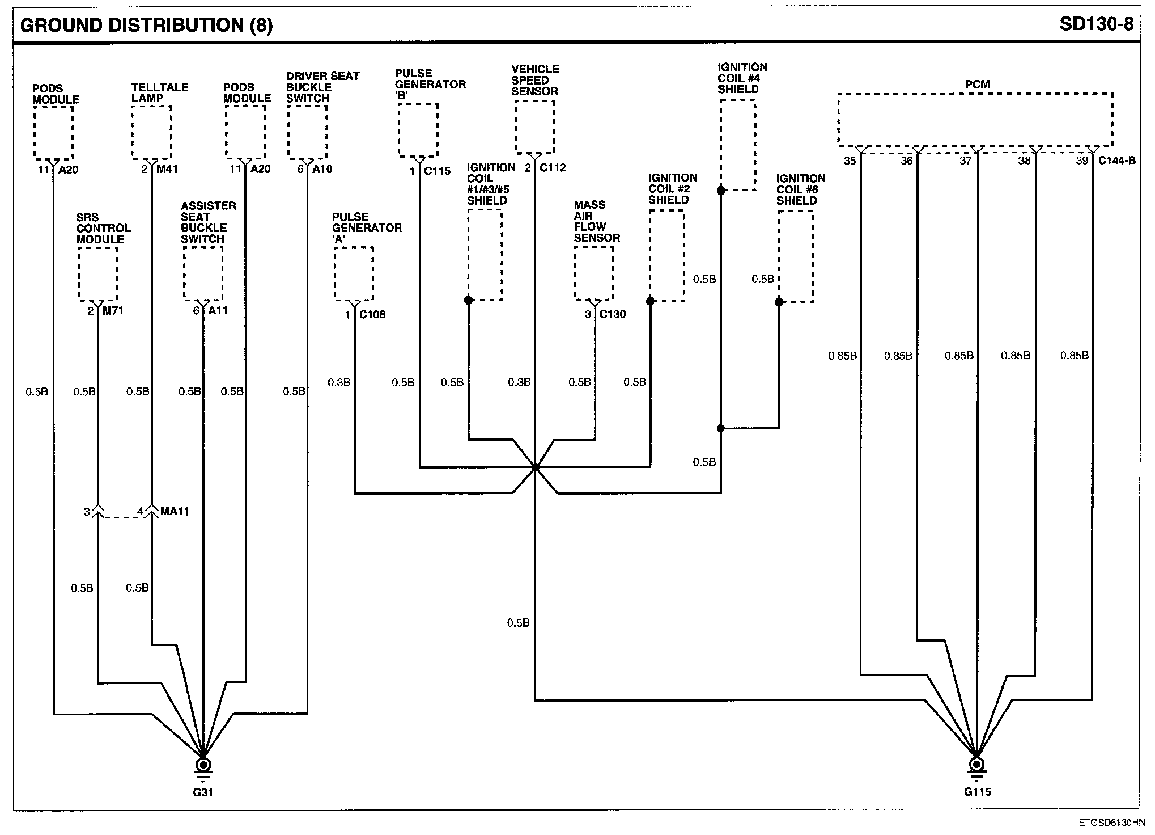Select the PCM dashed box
tap(975, 120)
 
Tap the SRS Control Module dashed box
tap(97, 275)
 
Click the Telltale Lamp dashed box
tap(151, 133)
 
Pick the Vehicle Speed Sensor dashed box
tap(534, 126)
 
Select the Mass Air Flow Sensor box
tap(594, 273)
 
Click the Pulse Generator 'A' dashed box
tap(354, 273)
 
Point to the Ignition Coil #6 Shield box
tap(796, 256)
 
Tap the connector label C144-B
tap(1116, 161)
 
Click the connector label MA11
tap(175, 512)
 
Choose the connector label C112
tap(553, 168)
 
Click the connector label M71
tap(113, 311)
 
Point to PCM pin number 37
tap(965, 161)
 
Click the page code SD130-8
tap(1096, 25)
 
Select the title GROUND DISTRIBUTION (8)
tap(146, 26)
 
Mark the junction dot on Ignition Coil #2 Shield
tap(650, 301)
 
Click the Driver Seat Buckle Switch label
tap(322, 87)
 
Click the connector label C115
tap(437, 171)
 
